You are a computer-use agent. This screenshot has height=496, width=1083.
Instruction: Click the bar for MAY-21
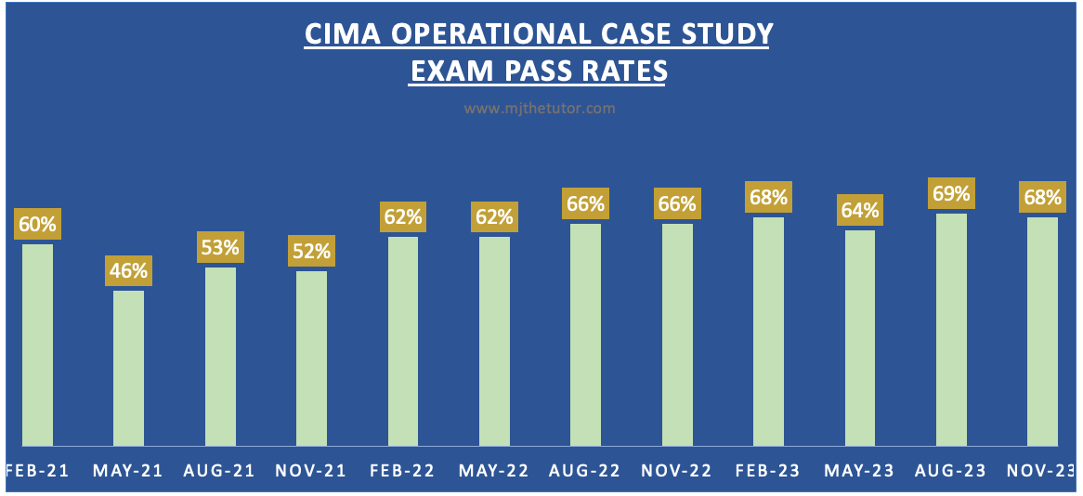click(x=128, y=368)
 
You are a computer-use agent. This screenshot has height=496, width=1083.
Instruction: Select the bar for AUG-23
click(x=951, y=330)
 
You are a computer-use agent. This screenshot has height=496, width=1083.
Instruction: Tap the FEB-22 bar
click(x=402, y=341)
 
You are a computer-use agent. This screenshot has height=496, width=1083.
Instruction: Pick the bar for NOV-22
click(x=677, y=334)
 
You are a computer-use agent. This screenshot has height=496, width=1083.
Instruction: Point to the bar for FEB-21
click(x=37, y=345)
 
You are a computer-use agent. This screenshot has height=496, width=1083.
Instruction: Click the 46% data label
click(x=128, y=270)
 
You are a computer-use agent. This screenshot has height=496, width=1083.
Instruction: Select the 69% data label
click(x=951, y=194)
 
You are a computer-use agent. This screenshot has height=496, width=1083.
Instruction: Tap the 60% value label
click(x=37, y=224)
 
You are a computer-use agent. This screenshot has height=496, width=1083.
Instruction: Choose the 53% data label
click(x=220, y=247)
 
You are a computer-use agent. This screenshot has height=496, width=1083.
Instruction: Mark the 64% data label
click(x=860, y=210)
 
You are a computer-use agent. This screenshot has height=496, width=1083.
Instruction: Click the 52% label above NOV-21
click(x=311, y=251)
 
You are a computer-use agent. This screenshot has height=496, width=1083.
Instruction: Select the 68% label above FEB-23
click(x=769, y=197)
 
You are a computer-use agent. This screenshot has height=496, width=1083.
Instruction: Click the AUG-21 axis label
click(x=219, y=471)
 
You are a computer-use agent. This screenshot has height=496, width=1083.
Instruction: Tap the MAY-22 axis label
click(x=493, y=471)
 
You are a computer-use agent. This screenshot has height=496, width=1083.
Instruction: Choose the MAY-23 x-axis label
click(x=859, y=471)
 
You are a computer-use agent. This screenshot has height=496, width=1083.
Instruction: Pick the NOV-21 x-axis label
click(x=310, y=471)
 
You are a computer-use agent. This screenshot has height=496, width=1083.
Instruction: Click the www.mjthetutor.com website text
click(x=540, y=109)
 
